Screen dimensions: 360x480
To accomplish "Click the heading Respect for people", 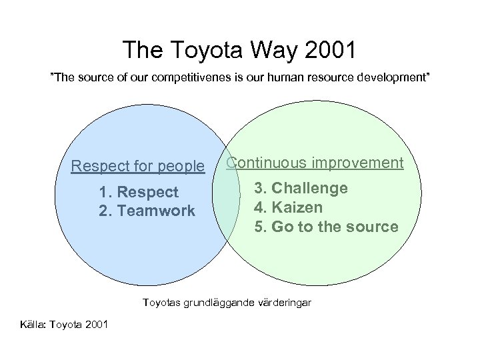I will [x=138, y=165].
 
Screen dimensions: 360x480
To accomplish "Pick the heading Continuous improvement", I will [x=315, y=163].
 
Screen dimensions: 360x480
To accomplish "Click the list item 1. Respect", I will [x=138, y=192].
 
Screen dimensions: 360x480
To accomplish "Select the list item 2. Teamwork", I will [x=146, y=211].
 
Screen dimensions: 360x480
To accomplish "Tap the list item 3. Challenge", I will [x=301, y=188].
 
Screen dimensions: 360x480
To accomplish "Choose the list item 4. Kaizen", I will [x=289, y=207].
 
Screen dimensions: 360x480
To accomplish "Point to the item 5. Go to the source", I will [x=326, y=227].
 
